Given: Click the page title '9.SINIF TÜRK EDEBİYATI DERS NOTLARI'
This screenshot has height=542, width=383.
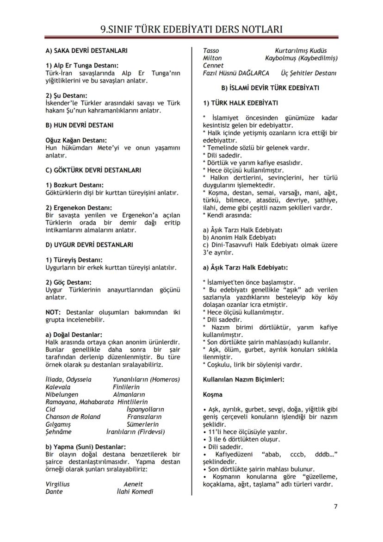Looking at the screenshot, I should pos(191,29).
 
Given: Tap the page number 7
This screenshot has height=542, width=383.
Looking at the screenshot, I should pos(335,506).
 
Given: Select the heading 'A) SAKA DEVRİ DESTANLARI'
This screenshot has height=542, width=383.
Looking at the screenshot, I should pos(86,50).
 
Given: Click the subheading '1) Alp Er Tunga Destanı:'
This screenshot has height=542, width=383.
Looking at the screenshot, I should pos(82,66).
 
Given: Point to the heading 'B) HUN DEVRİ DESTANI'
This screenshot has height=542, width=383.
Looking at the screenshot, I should pos(80,125).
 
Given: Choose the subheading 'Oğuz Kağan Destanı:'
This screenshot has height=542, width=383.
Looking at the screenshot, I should pos(76,140).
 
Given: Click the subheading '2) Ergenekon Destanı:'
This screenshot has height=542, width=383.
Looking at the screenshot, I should pos(79,208).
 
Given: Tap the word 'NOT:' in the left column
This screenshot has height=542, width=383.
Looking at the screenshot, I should pos(54,312).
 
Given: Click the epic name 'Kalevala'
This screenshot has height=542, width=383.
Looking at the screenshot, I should pos(58,387).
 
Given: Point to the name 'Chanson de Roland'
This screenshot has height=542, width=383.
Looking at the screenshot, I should pos(73,417).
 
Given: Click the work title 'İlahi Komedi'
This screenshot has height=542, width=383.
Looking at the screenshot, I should pos(135,492).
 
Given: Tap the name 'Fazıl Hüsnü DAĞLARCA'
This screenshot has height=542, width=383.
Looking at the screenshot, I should pos(236,73).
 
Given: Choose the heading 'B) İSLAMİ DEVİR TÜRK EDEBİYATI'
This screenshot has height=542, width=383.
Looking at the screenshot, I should pos(270,87).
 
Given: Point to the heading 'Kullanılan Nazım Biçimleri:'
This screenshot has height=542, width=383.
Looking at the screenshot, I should pos(244,379).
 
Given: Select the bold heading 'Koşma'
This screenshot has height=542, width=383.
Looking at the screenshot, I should pos(213,394).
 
